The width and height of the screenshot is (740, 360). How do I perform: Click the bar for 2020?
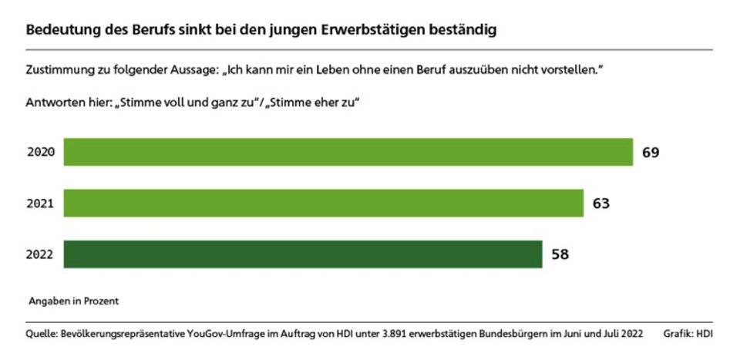(348, 152)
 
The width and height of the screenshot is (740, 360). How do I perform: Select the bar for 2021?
(323, 203)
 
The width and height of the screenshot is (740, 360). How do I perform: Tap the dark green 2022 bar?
(302, 254)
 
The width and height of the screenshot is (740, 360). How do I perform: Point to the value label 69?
(651, 153)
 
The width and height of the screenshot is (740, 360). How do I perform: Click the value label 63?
(601, 204)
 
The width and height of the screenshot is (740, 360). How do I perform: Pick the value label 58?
(560, 254)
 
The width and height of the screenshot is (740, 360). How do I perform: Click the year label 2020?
(40, 153)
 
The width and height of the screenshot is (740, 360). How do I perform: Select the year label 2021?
(40, 204)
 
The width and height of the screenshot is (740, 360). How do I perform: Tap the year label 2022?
(40, 254)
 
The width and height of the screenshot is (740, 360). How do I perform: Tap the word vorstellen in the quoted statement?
(567, 70)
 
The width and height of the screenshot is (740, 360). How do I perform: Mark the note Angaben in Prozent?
(74, 300)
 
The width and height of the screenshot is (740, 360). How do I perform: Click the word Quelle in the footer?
(42, 334)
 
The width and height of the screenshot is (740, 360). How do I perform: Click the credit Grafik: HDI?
(688, 334)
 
